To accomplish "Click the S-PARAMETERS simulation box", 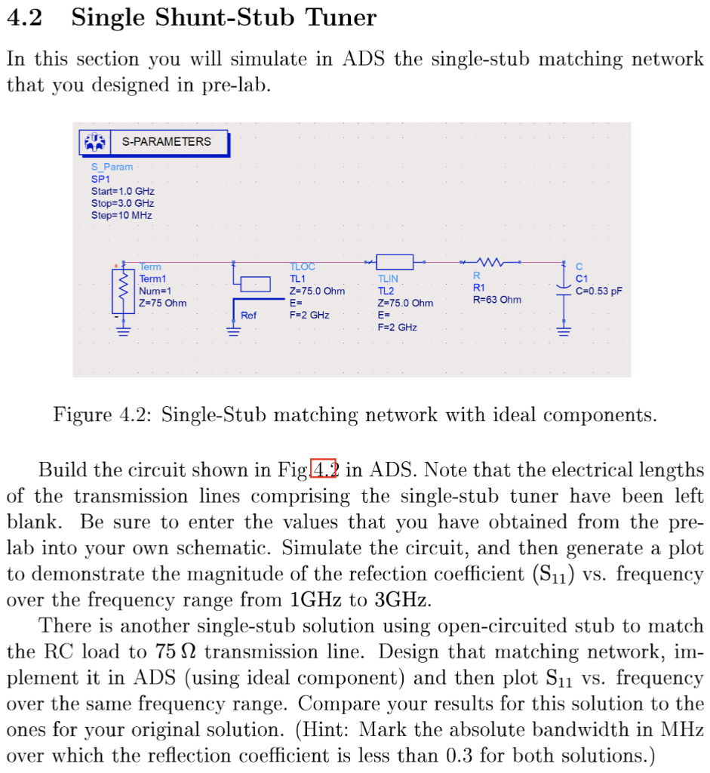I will (154, 142).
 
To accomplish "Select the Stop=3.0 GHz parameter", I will (122, 203).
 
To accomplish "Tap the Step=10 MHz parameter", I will (121, 215).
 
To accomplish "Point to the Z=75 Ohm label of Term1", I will (162, 303).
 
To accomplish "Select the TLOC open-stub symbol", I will (255, 284).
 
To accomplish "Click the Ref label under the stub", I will (248, 315).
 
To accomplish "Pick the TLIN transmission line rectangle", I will (395, 262).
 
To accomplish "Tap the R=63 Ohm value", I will (496, 300).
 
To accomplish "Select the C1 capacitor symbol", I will (563, 288).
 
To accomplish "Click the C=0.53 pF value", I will (599, 291).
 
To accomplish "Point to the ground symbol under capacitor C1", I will (563, 329).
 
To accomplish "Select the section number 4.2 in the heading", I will (23, 17).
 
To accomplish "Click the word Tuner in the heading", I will (340, 17).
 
